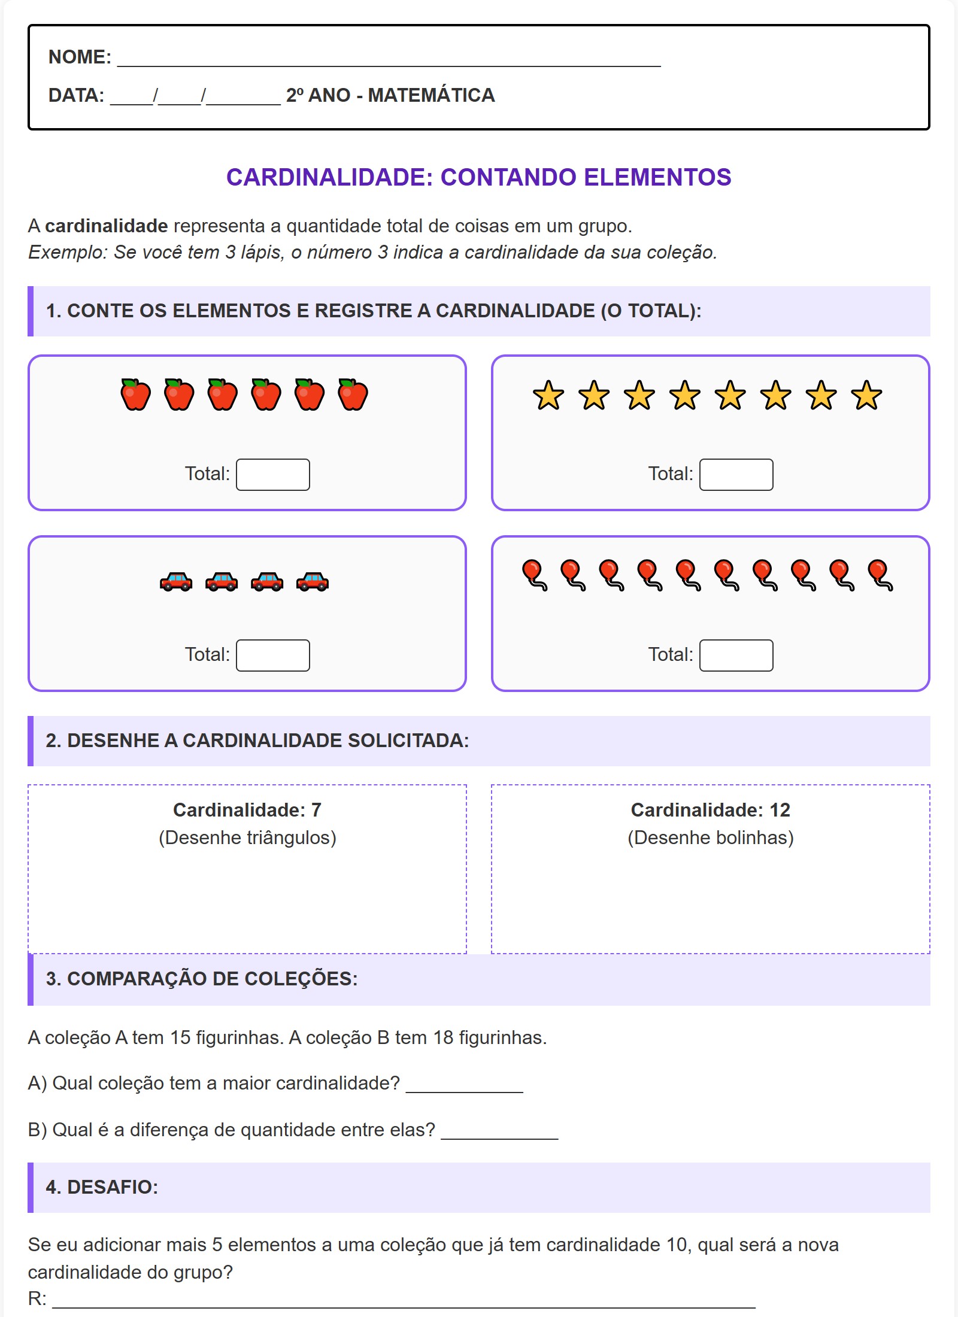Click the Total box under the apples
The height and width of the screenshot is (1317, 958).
[x=272, y=475]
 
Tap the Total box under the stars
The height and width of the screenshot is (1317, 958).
[x=736, y=475]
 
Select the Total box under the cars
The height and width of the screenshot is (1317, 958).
[x=272, y=656]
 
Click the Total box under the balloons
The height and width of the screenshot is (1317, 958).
[x=736, y=656]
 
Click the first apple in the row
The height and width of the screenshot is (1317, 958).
[x=135, y=395]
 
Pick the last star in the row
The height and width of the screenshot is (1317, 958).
[x=866, y=396]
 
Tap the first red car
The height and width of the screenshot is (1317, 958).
[x=176, y=581]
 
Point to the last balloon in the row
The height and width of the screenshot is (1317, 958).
[x=880, y=575]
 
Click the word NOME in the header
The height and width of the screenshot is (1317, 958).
[x=79, y=57]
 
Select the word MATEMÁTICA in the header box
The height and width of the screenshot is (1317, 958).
[x=431, y=95]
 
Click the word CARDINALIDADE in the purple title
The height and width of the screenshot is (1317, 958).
[x=329, y=178]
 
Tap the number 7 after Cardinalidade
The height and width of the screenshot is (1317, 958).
[x=316, y=810]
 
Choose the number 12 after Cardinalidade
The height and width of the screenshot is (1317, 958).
[x=780, y=810]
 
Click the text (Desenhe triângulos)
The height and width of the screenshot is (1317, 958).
[x=247, y=837]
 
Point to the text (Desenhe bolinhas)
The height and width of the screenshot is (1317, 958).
[x=711, y=837]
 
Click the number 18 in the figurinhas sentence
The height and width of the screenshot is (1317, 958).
[x=443, y=1037]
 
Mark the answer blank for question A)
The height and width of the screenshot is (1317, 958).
[x=464, y=1085]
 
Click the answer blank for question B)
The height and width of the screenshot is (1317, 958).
[x=499, y=1131]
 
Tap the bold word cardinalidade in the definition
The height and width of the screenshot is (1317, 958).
[x=106, y=226]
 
